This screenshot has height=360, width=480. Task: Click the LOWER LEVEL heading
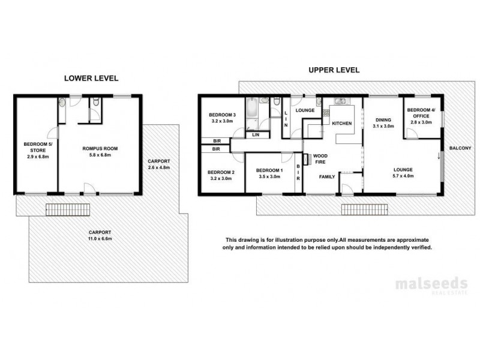click(x=91, y=78)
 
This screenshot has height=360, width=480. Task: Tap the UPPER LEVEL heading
click(x=334, y=70)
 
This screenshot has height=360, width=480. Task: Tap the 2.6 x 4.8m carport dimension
click(x=159, y=164)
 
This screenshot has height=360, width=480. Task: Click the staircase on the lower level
click(x=68, y=209)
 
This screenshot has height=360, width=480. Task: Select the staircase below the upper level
click(x=363, y=209)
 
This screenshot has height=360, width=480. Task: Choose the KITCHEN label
click(x=341, y=123)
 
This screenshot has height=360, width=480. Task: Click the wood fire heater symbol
click(x=306, y=159)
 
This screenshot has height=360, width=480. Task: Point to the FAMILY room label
click(x=327, y=177)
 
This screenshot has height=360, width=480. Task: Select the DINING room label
click(x=383, y=119)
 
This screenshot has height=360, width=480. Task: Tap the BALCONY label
click(x=460, y=148)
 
